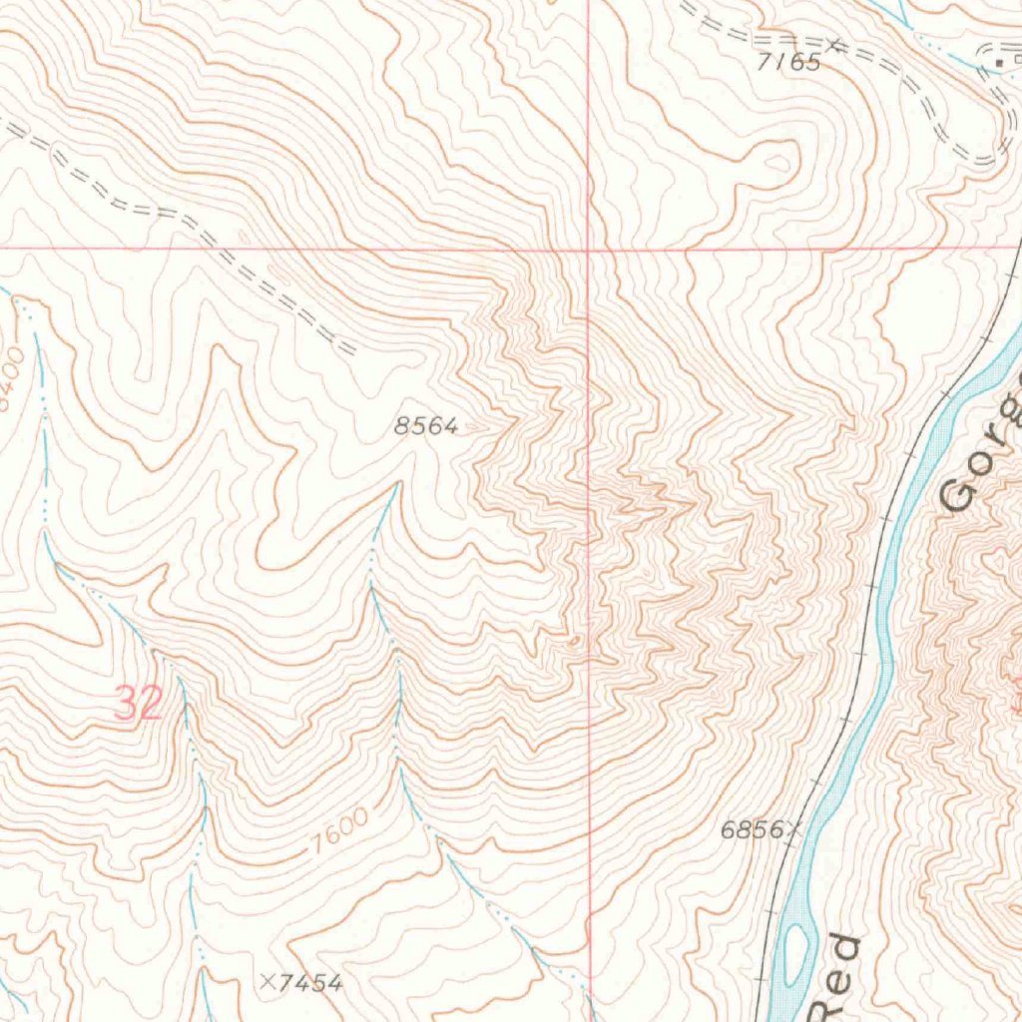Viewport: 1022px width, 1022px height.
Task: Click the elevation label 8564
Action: (x=426, y=427)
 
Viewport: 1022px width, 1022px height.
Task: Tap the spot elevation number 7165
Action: (x=788, y=63)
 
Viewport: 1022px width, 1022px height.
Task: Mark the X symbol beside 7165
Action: (x=835, y=43)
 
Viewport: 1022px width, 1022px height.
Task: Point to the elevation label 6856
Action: (x=752, y=829)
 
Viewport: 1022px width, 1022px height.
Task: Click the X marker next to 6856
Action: (x=794, y=827)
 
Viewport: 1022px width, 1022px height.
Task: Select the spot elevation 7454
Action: (x=310, y=984)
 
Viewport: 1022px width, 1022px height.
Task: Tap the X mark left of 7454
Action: (x=266, y=982)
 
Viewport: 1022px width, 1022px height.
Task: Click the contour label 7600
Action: (x=339, y=828)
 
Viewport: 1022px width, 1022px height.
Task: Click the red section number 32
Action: (x=138, y=704)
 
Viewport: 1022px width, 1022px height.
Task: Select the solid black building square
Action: (x=999, y=63)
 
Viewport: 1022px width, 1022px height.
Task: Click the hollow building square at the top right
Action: (x=1017, y=60)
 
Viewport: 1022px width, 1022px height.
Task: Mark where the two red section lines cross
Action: (x=589, y=246)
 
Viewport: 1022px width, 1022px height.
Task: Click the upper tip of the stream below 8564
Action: (x=397, y=485)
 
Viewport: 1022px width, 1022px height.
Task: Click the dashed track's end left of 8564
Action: (x=351, y=351)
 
